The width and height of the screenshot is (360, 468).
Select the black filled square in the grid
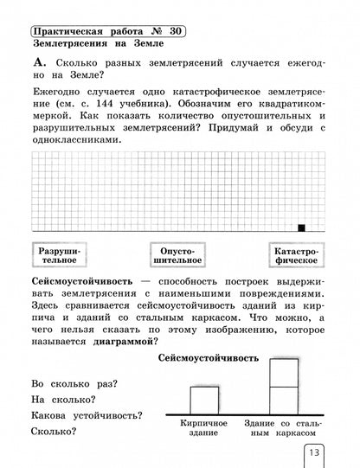(301, 228)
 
